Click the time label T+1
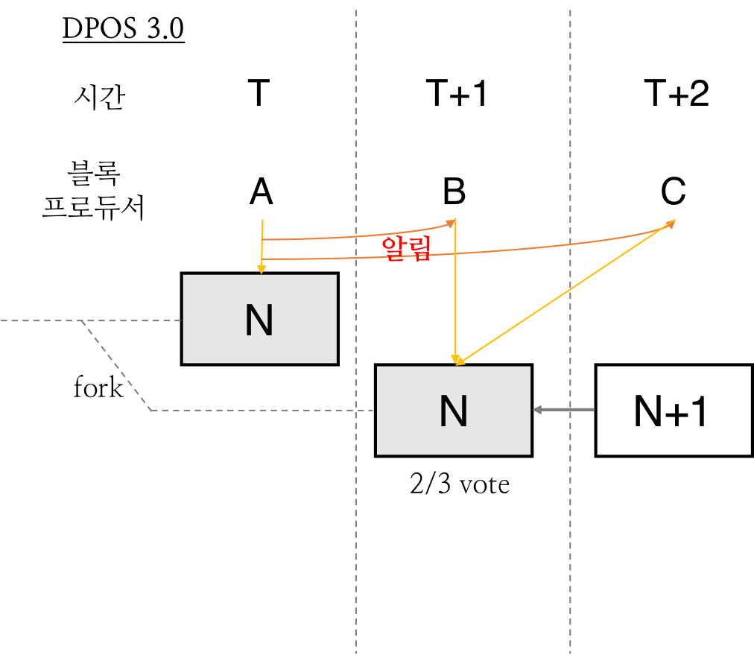(457, 93)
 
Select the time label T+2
(676, 93)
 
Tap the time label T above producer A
(259, 93)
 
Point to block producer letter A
(261, 192)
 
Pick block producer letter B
(454, 192)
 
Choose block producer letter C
(674, 192)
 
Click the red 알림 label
(406, 249)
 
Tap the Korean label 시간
(100, 97)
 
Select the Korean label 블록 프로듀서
(94, 191)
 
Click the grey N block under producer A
(260, 320)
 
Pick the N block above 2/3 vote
(454, 411)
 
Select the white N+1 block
(674, 411)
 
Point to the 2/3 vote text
(460, 484)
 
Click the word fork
(98, 387)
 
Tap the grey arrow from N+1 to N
(563, 410)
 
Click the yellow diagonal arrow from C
(565, 292)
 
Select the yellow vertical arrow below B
(455, 291)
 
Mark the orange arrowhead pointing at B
(451, 223)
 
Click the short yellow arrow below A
(262, 247)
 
